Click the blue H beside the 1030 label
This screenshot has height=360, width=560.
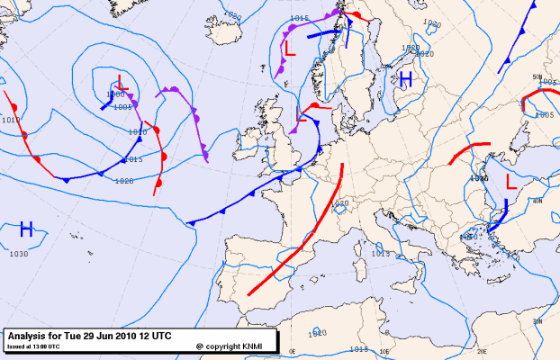point(26,229)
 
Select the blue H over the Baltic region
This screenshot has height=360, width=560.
point(406,79)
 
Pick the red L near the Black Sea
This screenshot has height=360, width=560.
point(511,181)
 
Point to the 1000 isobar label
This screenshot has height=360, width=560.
point(115,94)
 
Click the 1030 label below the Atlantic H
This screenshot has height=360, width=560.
point(19,254)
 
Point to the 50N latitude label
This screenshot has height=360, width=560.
point(537,77)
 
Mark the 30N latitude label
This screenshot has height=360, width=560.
point(537,320)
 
